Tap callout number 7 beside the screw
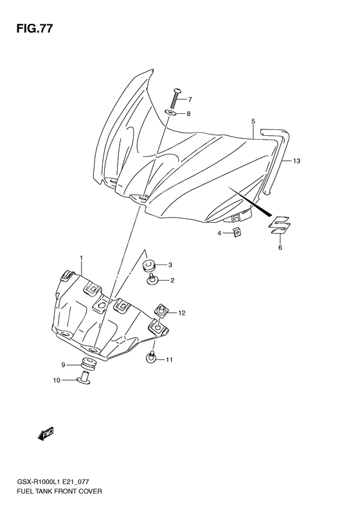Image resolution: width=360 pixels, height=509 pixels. pos(190,99)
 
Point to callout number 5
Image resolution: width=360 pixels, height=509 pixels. pos(253,121)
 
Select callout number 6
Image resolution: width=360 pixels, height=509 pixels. pos(280,246)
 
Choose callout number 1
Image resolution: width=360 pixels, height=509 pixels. pos(82,258)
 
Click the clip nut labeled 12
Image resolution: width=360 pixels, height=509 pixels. pos(163,311)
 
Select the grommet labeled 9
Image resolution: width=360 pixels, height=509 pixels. pos(87,363)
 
